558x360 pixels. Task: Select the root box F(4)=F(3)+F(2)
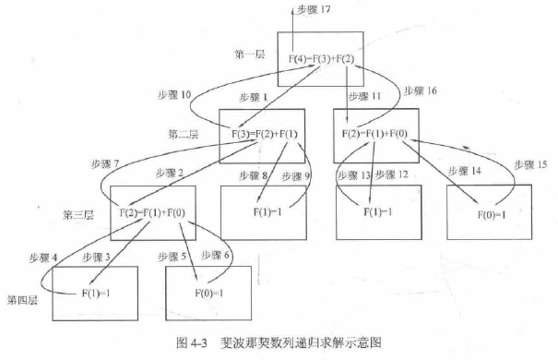pyautogui.click(x=319, y=59)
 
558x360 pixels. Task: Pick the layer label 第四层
pyautogui.click(x=23, y=300)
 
